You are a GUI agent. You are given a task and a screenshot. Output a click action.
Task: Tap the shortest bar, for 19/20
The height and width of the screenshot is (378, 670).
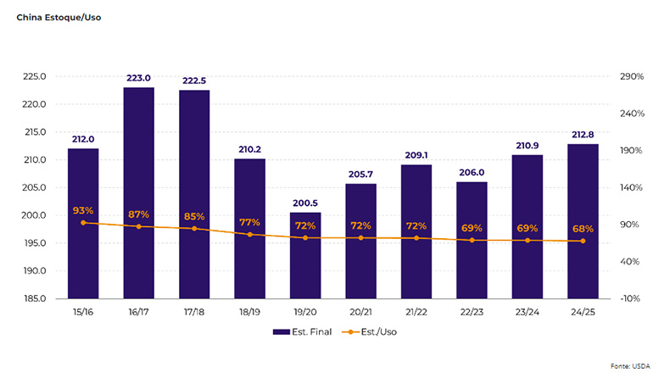[x=305, y=255]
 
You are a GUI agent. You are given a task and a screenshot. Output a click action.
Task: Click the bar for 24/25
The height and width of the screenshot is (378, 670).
[x=583, y=221]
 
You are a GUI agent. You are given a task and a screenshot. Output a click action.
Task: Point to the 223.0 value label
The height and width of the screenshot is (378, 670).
[x=139, y=78]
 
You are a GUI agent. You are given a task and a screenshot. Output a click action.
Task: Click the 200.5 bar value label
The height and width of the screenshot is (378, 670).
[x=305, y=203]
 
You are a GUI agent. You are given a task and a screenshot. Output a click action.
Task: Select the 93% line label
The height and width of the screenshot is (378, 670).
[x=83, y=210]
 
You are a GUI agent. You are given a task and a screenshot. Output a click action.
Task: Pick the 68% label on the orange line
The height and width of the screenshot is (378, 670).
[x=583, y=229]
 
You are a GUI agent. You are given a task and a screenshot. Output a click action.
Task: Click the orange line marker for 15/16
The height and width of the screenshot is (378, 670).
[x=83, y=223]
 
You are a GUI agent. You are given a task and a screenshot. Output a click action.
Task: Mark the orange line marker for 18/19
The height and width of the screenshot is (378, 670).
[x=250, y=234]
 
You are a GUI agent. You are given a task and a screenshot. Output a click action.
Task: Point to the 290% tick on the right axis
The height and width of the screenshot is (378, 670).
[x=633, y=76]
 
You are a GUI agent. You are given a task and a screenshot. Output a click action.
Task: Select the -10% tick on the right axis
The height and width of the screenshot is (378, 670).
[x=633, y=299]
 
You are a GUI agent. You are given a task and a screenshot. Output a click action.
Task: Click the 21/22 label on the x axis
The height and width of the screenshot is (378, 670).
[x=416, y=314]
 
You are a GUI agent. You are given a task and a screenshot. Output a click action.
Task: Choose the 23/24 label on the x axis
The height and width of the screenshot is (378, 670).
[x=528, y=314]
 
